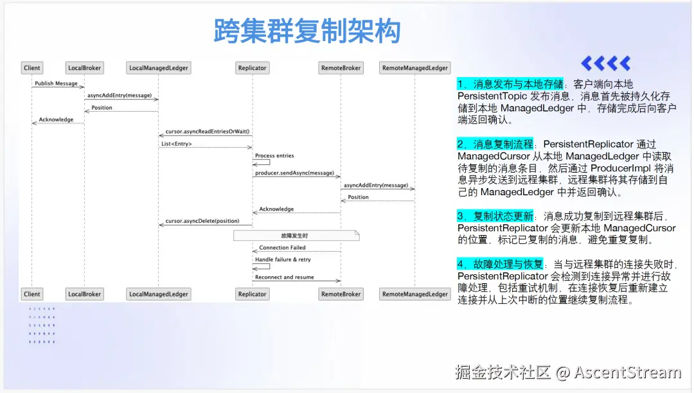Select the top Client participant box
click(x=31, y=67)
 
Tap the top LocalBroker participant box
click(x=84, y=67)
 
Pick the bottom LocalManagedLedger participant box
click(x=159, y=294)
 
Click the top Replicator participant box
click(x=252, y=67)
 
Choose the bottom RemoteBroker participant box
click(x=341, y=294)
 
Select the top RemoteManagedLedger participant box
click(x=414, y=67)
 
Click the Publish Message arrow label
click(x=56, y=83)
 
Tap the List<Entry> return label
click(x=177, y=144)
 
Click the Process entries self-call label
click(x=274, y=156)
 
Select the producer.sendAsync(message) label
click(x=294, y=173)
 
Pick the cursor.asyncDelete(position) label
click(x=202, y=221)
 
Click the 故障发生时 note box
click(x=295, y=236)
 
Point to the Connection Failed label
click(x=282, y=248)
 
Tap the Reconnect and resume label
click(x=284, y=277)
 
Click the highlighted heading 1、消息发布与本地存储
click(x=510, y=84)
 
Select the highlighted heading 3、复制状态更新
click(x=495, y=216)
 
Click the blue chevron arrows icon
click(x=605, y=63)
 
